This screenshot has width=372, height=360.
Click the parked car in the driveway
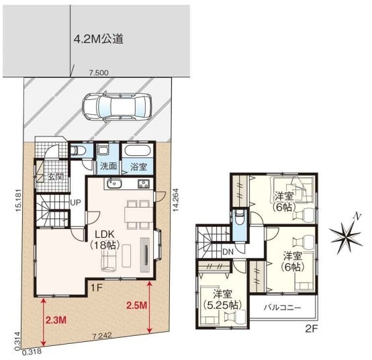[117, 107]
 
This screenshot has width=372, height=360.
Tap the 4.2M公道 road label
[99, 39]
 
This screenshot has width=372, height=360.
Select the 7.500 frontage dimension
[99, 73]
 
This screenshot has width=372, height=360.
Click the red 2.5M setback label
[137, 306]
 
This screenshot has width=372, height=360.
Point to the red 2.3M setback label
[56, 320]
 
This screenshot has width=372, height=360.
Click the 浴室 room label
[138, 167]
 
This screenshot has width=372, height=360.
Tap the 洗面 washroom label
[108, 166]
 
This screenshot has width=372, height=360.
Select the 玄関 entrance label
[56, 177]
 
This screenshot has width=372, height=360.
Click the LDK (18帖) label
[104, 240]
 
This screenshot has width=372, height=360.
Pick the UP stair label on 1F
[75, 202]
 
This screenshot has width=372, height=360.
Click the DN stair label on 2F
[228, 252]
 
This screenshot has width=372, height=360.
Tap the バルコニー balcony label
[282, 308]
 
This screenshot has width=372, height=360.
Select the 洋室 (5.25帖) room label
[222, 300]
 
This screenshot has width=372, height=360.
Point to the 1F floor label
[97, 288]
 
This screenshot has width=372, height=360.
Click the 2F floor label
[311, 329]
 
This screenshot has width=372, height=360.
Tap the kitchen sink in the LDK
[114, 183]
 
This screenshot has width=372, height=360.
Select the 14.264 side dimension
[175, 201]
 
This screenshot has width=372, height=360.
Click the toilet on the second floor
[239, 217]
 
